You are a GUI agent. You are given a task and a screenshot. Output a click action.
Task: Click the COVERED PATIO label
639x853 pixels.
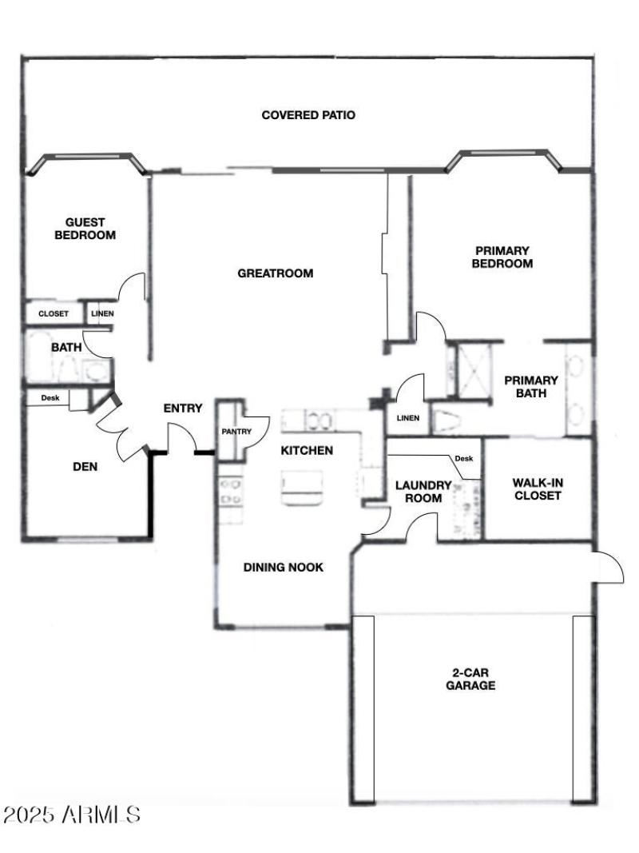pos(308,115)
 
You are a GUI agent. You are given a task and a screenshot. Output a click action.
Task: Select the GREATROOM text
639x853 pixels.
pos(276,273)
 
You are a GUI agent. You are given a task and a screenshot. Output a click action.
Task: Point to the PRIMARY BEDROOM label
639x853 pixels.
pos(502,257)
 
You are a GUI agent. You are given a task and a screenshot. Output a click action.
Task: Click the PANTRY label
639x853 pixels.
pos(236,432)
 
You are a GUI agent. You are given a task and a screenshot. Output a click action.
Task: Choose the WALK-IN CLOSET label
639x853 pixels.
pos(537,489)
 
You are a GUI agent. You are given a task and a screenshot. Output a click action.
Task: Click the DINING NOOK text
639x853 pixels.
pos(283,568)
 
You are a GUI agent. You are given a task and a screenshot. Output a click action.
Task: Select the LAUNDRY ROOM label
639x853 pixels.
pos(423,492)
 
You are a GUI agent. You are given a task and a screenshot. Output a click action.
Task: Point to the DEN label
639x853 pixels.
pos(85,467)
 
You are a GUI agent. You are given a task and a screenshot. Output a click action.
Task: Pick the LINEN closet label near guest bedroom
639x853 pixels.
pos(102,314)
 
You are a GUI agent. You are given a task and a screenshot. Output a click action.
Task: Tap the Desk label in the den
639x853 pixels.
pos(50,397)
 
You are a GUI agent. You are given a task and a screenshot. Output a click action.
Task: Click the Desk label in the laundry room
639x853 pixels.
pos(463,459)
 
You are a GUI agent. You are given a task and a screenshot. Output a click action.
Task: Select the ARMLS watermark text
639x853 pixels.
pos(73,815)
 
